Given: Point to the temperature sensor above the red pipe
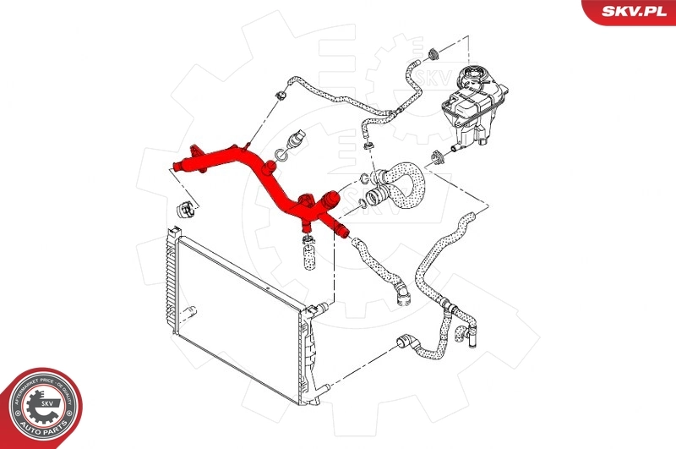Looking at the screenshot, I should [296, 140].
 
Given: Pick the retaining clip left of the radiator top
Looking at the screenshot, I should [181, 208].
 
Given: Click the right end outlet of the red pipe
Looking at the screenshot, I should [341, 230].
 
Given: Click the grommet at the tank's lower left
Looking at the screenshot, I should [439, 156].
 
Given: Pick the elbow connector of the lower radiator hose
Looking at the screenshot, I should [404, 342].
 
